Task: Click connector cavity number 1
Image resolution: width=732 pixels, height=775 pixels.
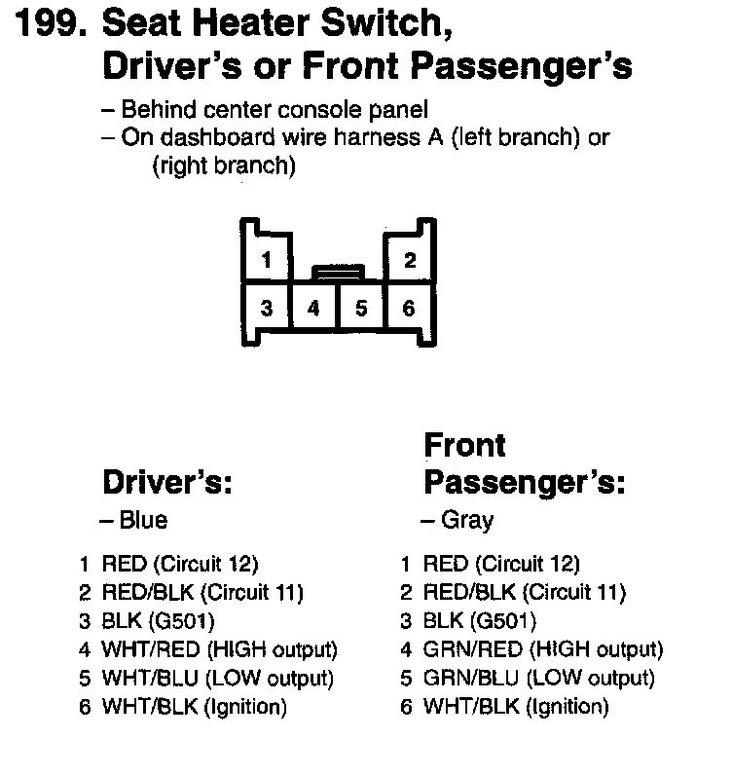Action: (x=266, y=260)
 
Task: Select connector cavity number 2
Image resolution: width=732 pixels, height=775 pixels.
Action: (x=410, y=260)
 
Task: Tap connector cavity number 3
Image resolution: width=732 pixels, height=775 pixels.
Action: (x=266, y=309)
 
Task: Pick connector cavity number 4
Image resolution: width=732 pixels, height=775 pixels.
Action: (x=313, y=309)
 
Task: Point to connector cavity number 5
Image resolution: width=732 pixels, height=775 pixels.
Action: (x=361, y=309)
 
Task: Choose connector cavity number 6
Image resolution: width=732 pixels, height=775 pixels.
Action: (x=409, y=309)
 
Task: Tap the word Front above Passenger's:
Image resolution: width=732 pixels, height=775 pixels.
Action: (x=465, y=446)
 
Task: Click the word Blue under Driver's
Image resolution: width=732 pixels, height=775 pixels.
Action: (x=143, y=520)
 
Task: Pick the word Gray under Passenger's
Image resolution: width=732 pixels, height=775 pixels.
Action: (x=467, y=520)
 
